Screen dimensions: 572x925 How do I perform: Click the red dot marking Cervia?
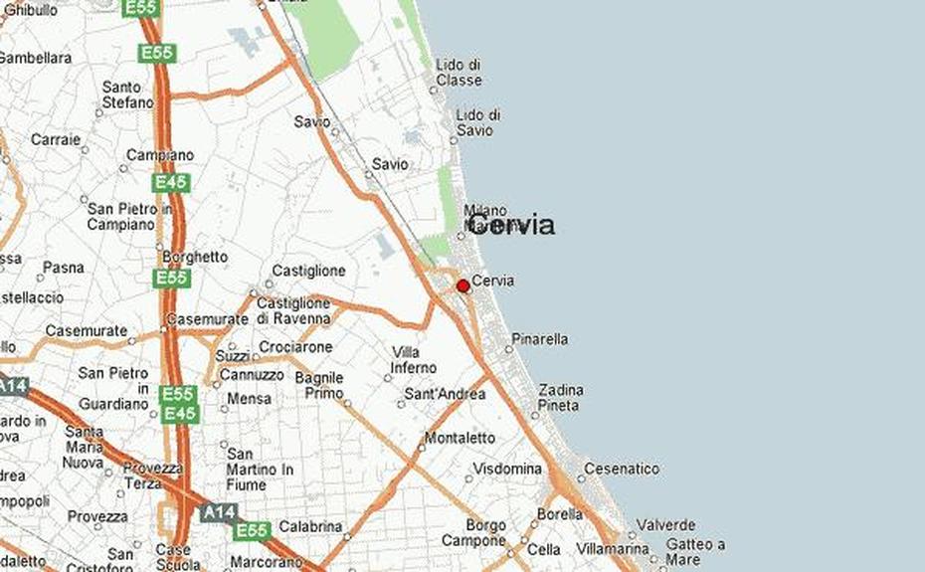coord(462,286)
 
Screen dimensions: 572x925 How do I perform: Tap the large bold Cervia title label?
coord(510,225)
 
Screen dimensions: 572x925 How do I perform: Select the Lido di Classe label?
coord(459,73)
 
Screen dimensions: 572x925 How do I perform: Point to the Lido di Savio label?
coord(477,123)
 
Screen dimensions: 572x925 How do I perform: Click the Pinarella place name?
coord(540,339)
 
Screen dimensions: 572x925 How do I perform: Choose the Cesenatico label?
coord(622,469)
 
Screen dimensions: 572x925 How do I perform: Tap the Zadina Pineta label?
coord(561,398)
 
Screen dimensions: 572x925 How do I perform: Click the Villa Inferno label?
coord(414,360)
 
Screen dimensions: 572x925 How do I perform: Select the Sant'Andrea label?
coord(445,395)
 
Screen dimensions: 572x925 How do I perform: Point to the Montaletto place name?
coord(460,438)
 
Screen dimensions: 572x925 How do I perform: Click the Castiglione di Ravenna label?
coord(293,310)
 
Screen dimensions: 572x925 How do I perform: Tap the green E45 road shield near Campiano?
coord(171,183)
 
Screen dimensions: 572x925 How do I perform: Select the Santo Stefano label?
coord(128,95)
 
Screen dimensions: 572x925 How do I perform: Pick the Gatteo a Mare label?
coord(695,552)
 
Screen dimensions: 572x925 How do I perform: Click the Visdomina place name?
coord(507,469)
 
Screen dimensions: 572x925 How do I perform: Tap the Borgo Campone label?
coord(486,533)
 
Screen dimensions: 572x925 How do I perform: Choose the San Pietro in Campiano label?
coord(129,217)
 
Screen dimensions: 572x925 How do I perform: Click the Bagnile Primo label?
coord(319,385)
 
